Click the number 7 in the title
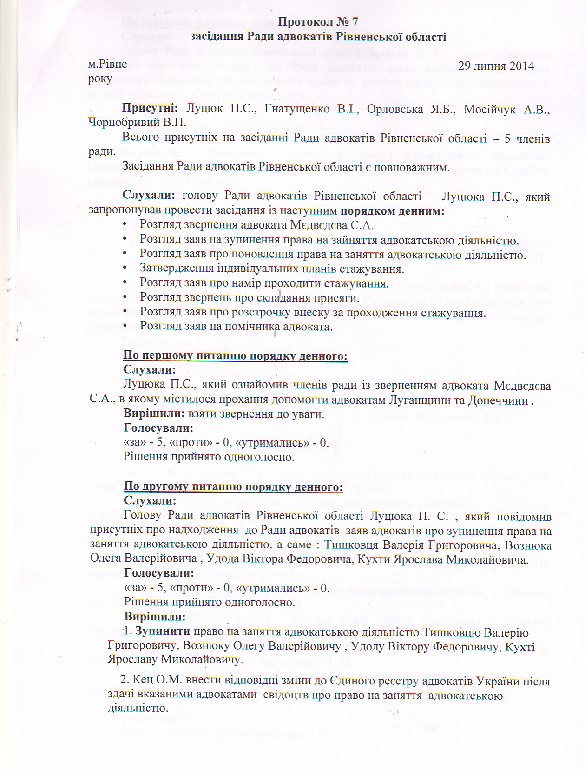[354, 22]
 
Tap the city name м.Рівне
[107, 65]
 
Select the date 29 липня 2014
[496, 66]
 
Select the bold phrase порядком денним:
[392, 211]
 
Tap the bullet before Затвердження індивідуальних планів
[125, 269]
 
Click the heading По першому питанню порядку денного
[235, 356]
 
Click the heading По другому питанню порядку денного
[233, 487]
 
